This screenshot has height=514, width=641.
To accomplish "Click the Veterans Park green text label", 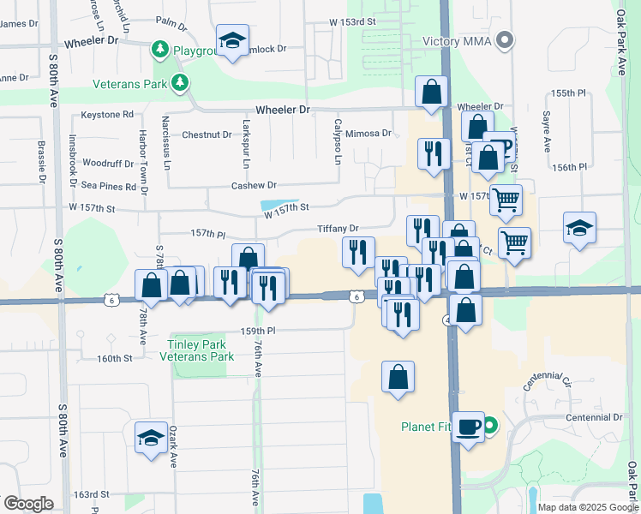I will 131,83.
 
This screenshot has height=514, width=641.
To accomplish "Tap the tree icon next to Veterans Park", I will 180,82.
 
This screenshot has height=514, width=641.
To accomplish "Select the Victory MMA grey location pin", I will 506,39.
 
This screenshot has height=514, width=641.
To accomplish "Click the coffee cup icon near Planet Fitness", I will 469,426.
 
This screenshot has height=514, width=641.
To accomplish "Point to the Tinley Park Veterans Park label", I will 198,350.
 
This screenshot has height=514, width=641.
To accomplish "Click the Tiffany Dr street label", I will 338,229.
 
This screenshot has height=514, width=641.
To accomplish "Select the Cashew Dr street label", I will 254,185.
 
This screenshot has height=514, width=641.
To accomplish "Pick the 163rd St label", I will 92,494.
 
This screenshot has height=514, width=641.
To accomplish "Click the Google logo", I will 28,504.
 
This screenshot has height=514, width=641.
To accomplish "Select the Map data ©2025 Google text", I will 587,507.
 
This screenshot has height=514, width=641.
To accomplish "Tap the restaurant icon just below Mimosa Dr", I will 434,153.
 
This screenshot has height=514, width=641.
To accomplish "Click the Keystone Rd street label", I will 107,114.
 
